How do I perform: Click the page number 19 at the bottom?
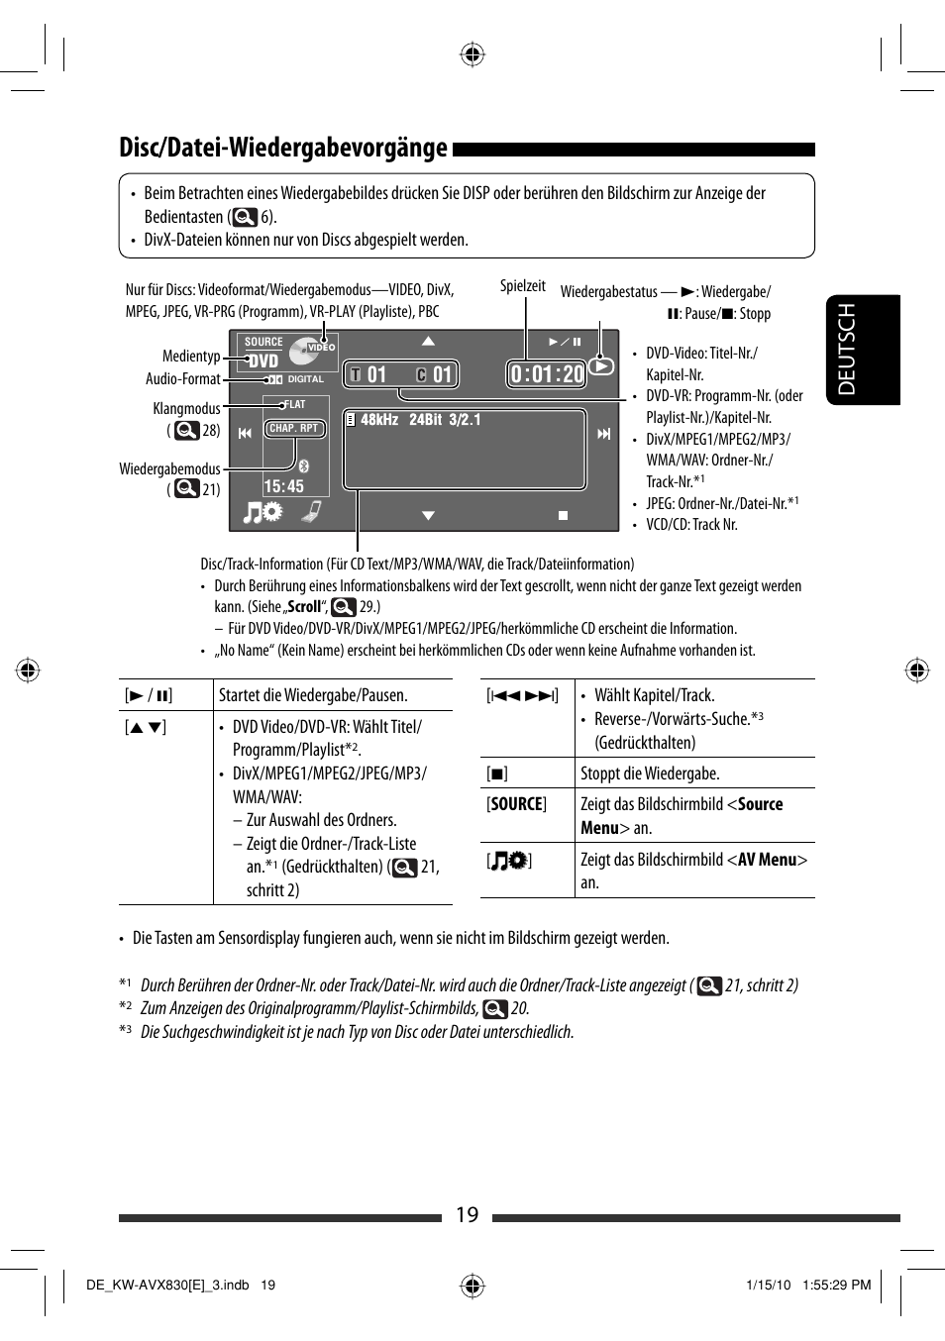(467, 1215)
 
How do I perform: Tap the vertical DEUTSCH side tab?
(847, 350)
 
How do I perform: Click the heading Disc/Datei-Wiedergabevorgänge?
(283, 148)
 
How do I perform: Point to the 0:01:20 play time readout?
(547, 373)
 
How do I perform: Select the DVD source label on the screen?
(263, 361)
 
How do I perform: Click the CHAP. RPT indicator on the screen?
(294, 429)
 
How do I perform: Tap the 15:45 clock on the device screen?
(283, 486)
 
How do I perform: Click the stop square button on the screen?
(563, 515)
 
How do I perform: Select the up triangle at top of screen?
(428, 341)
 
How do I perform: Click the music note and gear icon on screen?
(263, 512)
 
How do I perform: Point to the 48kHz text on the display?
(379, 420)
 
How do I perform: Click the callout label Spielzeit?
(522, 286)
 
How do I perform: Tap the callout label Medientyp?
(191, 357)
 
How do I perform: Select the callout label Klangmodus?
(186, 408)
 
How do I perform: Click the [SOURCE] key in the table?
(516, 804)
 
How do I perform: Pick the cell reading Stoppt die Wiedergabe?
(650, 774)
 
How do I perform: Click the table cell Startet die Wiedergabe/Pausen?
(313, 695)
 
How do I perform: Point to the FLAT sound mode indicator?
(294, 404)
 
